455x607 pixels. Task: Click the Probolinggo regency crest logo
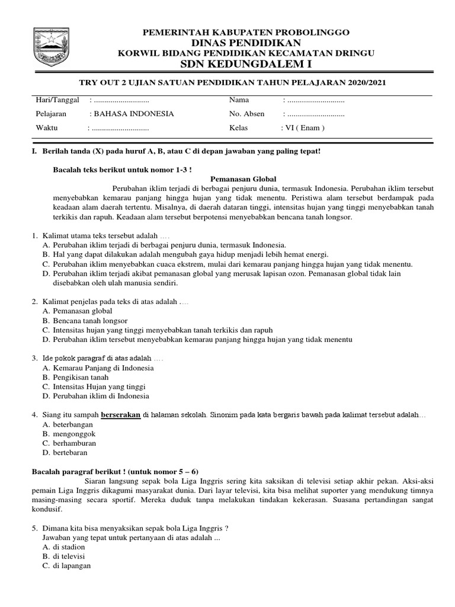click(52, 47)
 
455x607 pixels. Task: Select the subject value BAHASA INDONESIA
click(132, 114)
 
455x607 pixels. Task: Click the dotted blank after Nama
click(315, 100)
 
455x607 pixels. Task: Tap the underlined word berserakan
click(121, 414)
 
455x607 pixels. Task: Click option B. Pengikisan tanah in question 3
click(75, 377)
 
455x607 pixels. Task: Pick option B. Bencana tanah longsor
click(81, 321)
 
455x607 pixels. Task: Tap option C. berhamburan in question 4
click(69, 443)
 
